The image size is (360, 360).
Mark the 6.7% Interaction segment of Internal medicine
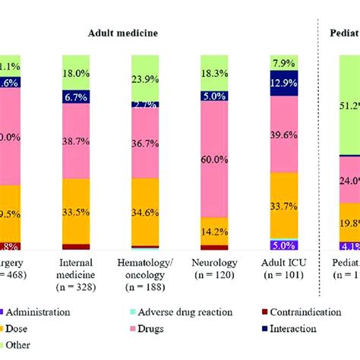(81, 97)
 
